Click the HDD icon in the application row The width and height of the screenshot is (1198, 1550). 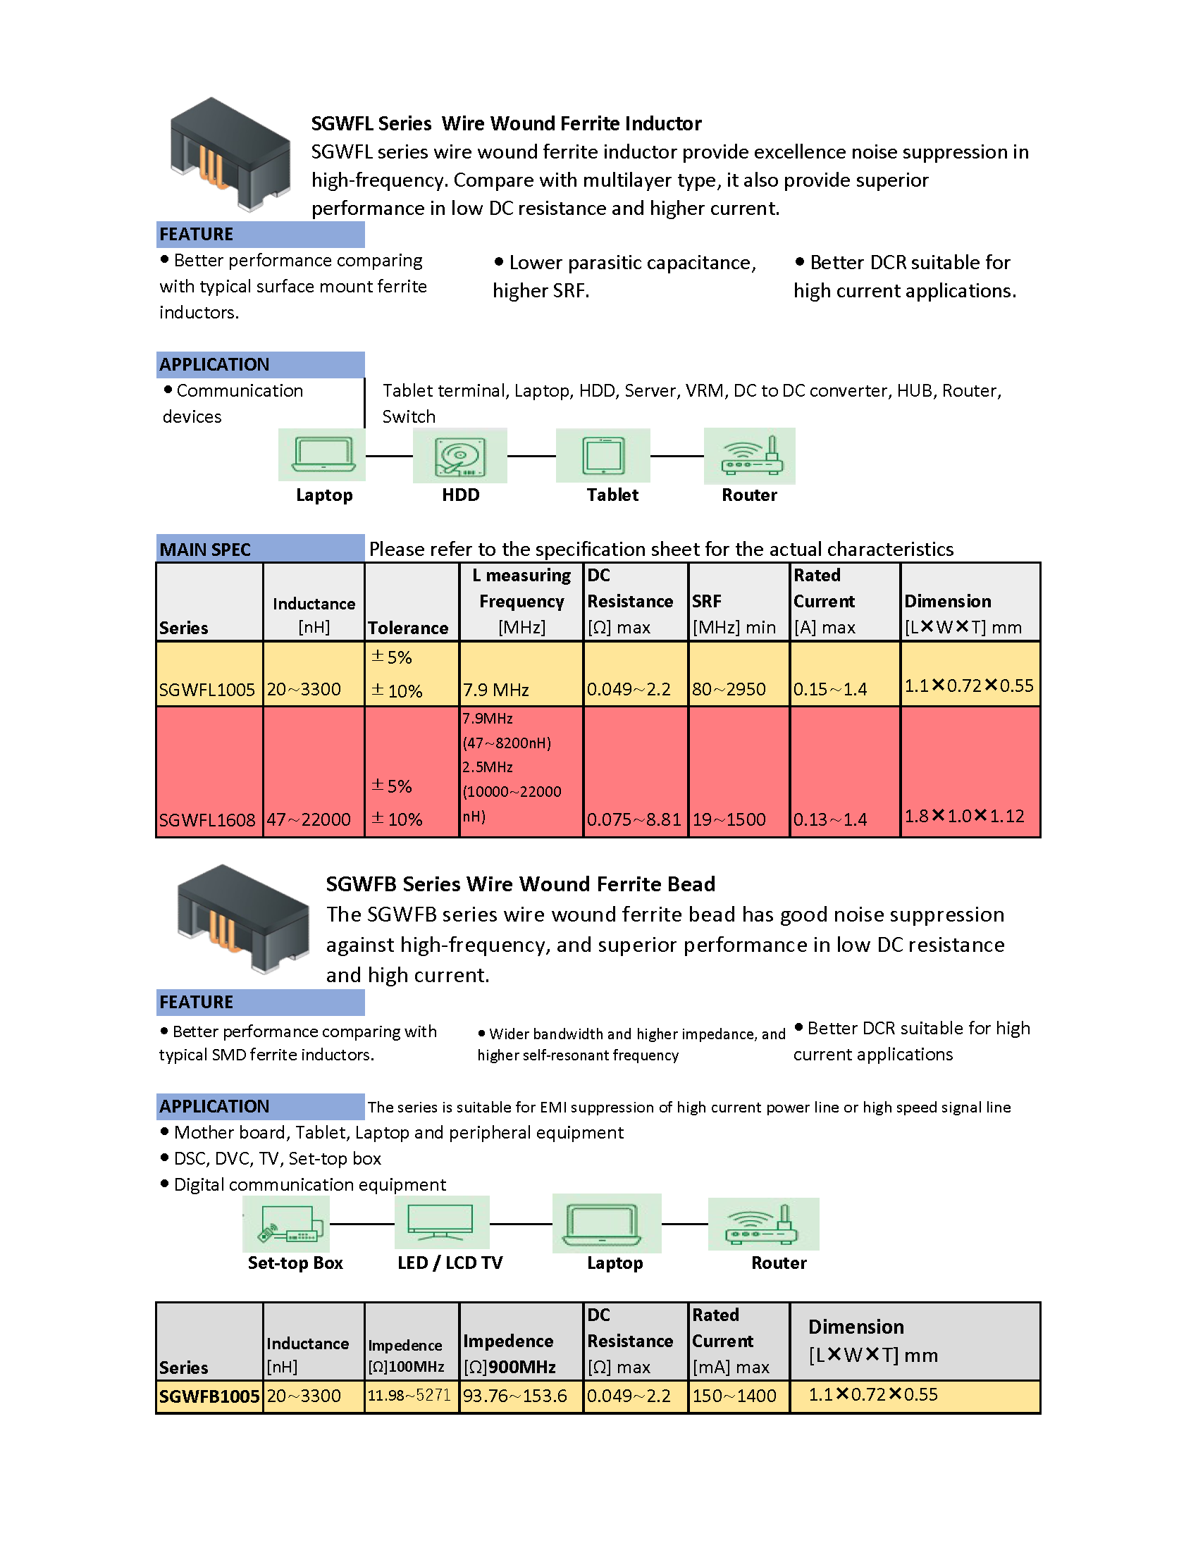460,456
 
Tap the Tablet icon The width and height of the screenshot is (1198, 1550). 603,456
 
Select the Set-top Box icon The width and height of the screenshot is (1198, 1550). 286,1224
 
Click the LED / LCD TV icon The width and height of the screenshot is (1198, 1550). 441,1222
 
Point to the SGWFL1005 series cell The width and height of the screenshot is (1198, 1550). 207,689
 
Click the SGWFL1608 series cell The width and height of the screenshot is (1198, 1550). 207,819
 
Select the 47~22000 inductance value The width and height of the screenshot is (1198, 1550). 309,819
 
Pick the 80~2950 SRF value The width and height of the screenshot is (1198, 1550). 729,689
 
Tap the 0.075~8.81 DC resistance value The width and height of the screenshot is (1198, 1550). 634,819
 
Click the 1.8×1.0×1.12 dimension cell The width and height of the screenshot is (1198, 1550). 965,816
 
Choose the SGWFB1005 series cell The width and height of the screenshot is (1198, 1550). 209,1396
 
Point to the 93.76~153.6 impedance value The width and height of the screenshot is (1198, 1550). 514,1396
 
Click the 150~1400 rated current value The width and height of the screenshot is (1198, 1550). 734,1396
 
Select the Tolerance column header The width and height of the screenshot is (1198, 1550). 408,628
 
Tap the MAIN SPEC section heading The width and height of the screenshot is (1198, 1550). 205,550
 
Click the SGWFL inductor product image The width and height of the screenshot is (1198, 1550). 230,155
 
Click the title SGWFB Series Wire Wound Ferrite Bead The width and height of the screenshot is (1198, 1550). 520,883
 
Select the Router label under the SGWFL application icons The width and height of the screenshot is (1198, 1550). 748,495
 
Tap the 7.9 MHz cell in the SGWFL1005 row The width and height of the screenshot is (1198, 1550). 496,690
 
